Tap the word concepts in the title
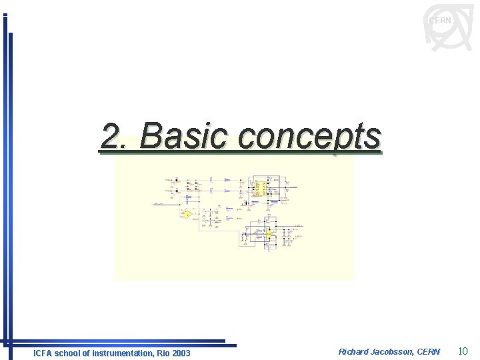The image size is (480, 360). (x=309, y=137)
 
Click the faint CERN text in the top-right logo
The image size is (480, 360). (x=440, y=21)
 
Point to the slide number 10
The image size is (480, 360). (x=464, y=351)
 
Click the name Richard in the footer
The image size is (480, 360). (x=354, y=351)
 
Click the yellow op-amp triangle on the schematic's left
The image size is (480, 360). (x=187, y=214)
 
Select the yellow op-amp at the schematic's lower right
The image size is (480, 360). (x=269, y=234)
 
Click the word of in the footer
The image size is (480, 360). (x=89, y=353)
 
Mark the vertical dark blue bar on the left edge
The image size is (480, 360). (x=9, y=187)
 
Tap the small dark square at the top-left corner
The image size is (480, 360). (x=5, y=15)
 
